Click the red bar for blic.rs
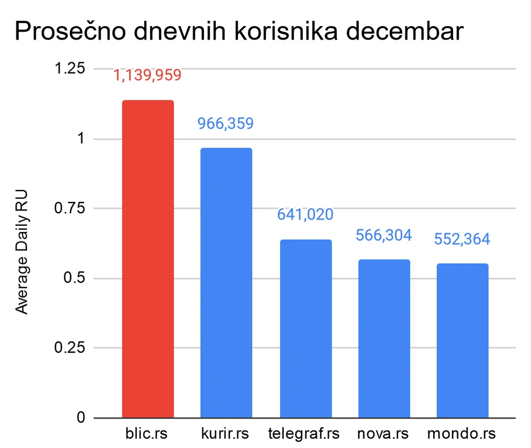click(148, 259)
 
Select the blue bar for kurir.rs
click(226, 283)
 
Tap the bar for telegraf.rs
click(306, 329)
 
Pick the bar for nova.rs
click(384, 339)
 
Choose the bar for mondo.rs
click(462, 341)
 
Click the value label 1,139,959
click(148, 75)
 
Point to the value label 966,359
click(225, 123)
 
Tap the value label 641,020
click(305, 215)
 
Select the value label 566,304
click(384, 235)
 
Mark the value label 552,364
click(462, 239)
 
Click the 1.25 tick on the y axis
click(68, 68)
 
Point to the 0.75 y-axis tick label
click(68, 208)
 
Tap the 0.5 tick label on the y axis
click(73, 278)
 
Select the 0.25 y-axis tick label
click(68, 348)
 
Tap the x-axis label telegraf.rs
click(305, 434)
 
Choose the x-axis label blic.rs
click(147, 434)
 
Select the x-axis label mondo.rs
click(462, 434)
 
